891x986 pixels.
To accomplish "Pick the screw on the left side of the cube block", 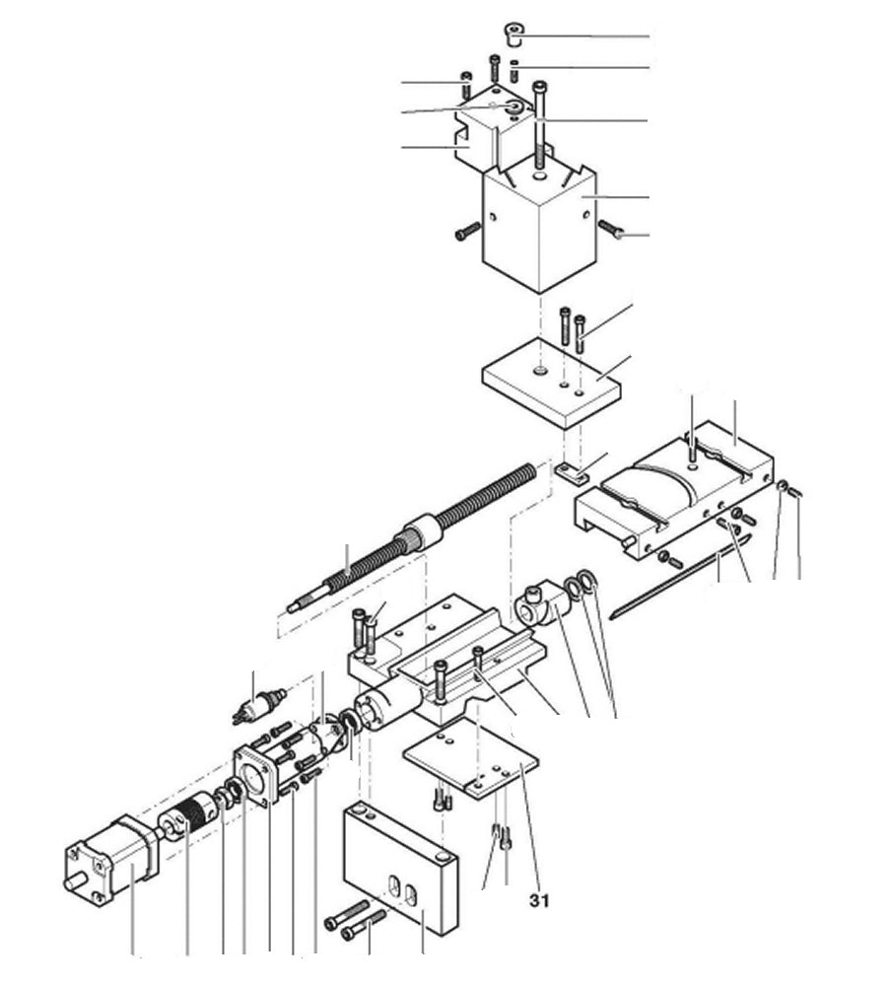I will pos(466,234).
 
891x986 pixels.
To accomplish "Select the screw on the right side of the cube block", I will pos(612,230).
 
